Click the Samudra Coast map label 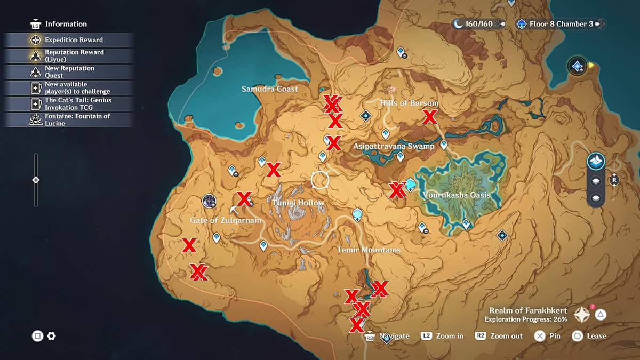(x=269, y=89)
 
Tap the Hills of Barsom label (x=409, y=103)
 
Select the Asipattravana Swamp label (x=394, y=146)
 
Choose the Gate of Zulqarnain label (x=226, y=220)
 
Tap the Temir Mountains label (x=368, y=250)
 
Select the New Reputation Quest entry (x=69, y=72)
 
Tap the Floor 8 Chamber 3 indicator (x=561, y=24)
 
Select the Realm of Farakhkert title (x=528, y=310)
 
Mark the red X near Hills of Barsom (x=429, y=116)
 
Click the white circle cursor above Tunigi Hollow (x=320, y=180)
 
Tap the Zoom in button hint (x=442, y=336)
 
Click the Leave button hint (x=589, y=336)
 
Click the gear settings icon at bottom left (x=51, y=336)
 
